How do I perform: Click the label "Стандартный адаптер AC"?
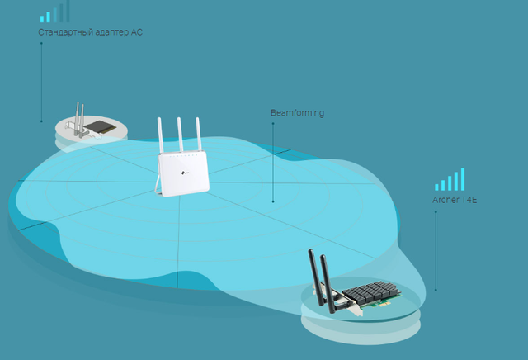tap(90, 32)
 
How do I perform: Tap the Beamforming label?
tap(298, 112)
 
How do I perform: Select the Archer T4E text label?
tap(455, 200)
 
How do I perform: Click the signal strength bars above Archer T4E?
tap(450, 179)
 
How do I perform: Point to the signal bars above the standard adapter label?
tap(55, 12)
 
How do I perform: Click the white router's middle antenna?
tap(180, 135)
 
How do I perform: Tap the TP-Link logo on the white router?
tap(185, 173)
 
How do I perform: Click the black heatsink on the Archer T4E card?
tap(370, 292)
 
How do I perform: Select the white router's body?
tap(183, 173)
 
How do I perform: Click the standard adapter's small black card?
tap(100, 127)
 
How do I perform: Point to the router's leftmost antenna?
tap(160, 135)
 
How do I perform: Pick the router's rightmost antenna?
tap(199, 134)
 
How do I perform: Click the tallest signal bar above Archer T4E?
tap(463, 179)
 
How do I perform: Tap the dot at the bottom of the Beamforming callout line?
tap(273, 201)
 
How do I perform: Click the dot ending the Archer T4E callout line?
tap(436, 290)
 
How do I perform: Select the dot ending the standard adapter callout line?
tap(41, 121)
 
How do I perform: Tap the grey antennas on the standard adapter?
tap(79, 120)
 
